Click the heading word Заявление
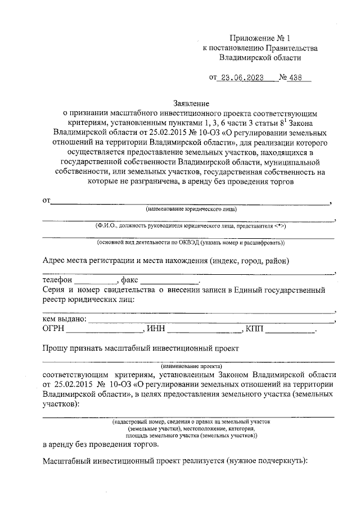click(191, 103)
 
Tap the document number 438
click(295, 79)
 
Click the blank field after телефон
click(94, 280)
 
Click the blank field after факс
click(169, 280)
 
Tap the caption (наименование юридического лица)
click(191, 209)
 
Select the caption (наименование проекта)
click(191, 365)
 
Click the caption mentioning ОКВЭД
click(191, 243)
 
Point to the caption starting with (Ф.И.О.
click(191, 225)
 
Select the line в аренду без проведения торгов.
click(101, 444)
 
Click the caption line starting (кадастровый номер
click(191, 420)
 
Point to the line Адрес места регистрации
click(166, 260)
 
